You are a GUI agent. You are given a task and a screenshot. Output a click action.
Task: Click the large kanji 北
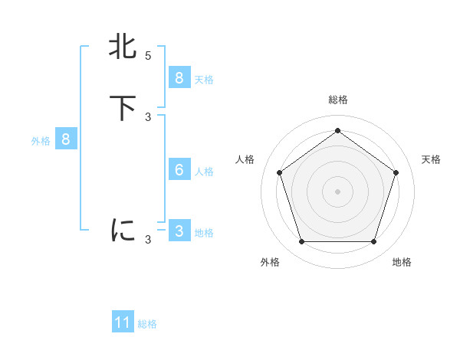point(123,47)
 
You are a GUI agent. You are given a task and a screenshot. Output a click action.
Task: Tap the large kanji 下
point(123,107)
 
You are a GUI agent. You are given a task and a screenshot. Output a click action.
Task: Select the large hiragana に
point(123,230)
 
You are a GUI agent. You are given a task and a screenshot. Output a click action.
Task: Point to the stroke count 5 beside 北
point(148,56)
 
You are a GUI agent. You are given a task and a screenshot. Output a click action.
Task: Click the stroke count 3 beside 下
point(148,116)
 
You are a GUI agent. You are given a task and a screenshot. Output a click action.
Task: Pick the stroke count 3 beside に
point(148,239)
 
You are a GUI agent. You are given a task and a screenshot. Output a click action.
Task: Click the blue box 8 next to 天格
point(179,78)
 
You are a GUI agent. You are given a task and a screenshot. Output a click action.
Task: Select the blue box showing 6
point(179,170)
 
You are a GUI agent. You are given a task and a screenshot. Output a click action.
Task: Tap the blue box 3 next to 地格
point(179,231)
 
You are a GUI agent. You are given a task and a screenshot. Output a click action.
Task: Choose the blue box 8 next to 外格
point(65,139)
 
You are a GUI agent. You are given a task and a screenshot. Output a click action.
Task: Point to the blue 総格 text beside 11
point(147,324)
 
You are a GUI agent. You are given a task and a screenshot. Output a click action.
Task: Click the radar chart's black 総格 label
point(337,100)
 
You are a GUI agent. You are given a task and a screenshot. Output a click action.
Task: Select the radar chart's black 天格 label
point(431,159)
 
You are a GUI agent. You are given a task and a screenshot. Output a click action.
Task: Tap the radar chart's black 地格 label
point(402,262)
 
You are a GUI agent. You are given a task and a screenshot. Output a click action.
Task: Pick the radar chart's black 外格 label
point(270,262)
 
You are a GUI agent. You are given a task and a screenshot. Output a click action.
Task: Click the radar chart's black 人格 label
point(245,159)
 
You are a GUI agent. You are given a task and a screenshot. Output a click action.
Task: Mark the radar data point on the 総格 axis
point(337,131)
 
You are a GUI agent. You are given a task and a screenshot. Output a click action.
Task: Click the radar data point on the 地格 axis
point(373,241)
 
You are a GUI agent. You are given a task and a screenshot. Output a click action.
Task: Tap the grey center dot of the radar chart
point(337,191)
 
